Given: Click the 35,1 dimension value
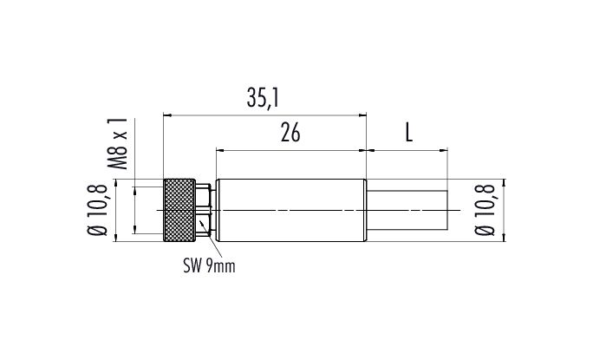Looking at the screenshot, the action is tap(263, 98).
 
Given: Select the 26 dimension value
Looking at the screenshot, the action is tap(290, 133).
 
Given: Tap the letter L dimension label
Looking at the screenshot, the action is tap(409, 133).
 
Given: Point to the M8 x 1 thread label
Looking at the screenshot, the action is tap(118, 143).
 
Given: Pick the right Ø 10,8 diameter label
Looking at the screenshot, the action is tap(485, 210).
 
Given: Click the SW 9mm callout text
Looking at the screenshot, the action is tap(209, 266).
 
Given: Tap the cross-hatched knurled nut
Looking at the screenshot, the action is tap(179, 210).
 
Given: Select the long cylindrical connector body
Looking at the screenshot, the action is tap(291, 210).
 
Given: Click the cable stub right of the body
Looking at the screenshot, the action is tap(407, 210).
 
